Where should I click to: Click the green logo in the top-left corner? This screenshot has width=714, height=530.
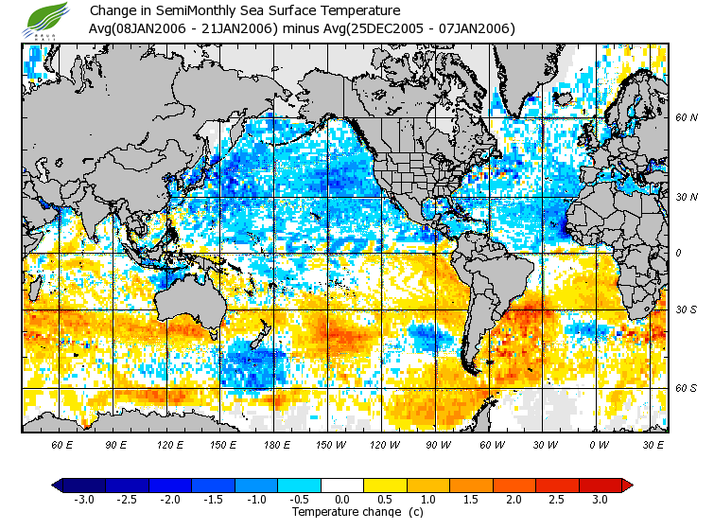pos(46,18)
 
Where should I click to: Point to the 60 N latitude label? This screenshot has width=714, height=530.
pos(686,118)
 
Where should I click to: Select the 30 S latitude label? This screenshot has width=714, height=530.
pos(686,309)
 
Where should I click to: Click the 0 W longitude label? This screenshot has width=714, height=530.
pos(598,444)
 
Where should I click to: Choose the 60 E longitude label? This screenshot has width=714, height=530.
pos(62,444)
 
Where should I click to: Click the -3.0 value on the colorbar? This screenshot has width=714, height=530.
pos(83,499)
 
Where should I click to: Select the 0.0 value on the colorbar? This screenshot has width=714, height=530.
pos(343,499)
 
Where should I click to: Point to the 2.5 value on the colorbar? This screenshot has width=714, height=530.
pos(558,499)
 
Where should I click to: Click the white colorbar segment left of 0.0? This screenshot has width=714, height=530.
pos(322,485)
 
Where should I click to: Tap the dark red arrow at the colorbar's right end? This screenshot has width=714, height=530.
pos(626,485)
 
